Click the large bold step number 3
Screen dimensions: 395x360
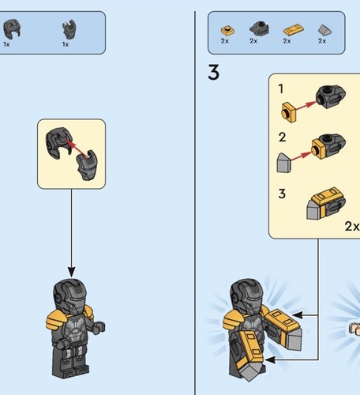[x=213, y=73]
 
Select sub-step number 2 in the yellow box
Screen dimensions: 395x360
[x=282, y=137]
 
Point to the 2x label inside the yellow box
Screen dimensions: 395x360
[x=351, y=225]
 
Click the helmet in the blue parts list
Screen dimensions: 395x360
[x=13, y=29]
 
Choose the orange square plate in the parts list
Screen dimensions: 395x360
[x=225, y=28]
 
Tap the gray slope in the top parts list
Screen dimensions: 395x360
[x=323, y=29]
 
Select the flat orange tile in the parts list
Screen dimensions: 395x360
[x=291, y=29]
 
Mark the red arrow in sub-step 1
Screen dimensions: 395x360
[x=308, y=103]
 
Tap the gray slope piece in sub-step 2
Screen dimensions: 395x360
[x=284, y=163]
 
